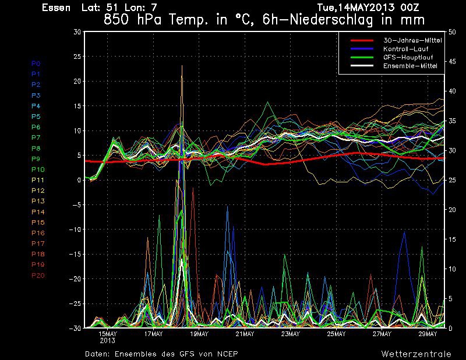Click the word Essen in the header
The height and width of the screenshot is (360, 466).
56,8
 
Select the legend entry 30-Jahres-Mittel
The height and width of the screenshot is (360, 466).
412,40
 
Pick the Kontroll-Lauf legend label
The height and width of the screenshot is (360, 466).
405,49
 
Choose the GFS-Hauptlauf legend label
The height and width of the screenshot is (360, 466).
408,57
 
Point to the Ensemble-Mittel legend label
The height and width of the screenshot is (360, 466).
410,66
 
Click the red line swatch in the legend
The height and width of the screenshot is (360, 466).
362,40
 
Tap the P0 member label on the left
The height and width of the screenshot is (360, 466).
36,63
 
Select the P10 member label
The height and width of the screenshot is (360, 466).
38,170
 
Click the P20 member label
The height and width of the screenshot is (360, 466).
38,276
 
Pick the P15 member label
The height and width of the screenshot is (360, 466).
38,223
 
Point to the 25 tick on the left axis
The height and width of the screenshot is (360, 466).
77,57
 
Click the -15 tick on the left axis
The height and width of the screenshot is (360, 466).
75,255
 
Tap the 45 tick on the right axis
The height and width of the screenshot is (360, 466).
452,62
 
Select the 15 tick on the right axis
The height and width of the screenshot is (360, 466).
452,239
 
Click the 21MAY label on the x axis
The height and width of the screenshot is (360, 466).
245,334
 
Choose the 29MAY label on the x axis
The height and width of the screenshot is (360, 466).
428,334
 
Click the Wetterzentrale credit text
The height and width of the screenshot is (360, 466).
416,354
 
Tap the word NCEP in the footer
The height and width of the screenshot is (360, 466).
227,354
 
